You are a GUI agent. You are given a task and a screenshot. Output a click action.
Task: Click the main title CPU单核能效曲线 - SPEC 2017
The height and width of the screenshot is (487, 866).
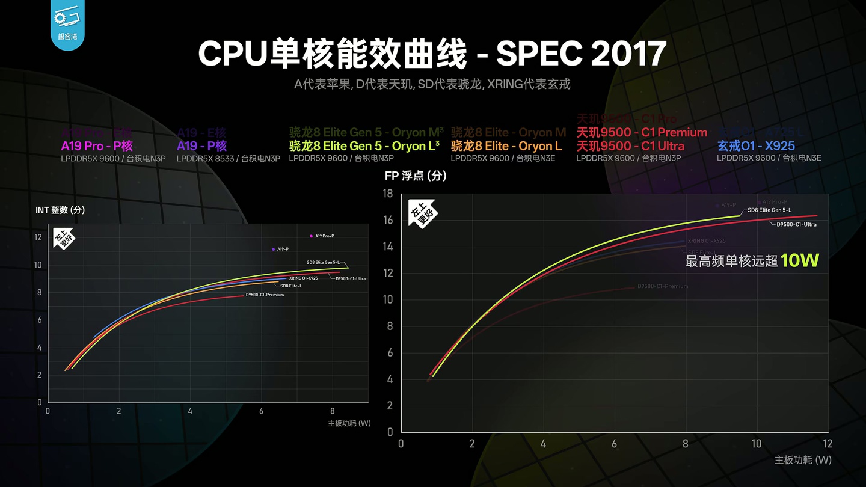click(432, 54)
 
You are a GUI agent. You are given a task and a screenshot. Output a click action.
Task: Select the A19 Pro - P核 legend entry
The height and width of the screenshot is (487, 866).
click(97, 145)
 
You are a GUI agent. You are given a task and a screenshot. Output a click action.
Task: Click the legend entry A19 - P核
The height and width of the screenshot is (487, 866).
click(201, 145)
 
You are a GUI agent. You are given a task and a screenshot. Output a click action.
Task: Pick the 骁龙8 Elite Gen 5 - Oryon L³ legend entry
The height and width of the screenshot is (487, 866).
click(364, 145)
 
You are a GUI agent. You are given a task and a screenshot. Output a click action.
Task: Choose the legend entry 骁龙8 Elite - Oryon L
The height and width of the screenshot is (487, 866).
click(506, 145)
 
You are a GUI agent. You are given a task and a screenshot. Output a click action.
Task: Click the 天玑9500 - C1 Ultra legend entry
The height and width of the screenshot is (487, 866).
click(630, 145)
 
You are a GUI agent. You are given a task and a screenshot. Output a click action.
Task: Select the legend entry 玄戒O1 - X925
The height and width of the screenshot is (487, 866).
click(756, 145)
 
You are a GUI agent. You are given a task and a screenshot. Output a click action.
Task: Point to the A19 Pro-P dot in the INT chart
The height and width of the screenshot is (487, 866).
click(311, 236)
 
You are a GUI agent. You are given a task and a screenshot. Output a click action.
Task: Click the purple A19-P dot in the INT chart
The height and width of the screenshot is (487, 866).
click(274, 249)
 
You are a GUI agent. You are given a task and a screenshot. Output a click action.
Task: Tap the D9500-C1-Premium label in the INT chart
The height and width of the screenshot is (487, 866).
click(265, 295)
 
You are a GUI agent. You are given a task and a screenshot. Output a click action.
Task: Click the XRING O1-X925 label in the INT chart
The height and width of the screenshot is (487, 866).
click(303, 278)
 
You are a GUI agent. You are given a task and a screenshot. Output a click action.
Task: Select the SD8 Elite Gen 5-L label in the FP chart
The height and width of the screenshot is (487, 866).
click(769, 210)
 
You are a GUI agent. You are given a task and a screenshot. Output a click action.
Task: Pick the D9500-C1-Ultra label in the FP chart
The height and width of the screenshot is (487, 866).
click(796, 224)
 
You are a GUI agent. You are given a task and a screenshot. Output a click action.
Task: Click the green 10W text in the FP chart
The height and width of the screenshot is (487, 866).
click(800, 260)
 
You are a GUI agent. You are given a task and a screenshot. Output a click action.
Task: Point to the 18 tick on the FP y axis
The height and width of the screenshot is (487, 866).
click(388, 194)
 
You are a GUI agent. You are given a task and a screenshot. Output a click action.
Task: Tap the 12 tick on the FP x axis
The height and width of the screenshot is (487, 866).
click(828, 444)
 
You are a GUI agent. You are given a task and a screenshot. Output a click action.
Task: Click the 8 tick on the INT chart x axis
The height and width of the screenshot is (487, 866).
click(333, 411)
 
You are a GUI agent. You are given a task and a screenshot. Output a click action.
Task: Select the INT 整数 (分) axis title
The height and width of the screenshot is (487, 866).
click(60, 210)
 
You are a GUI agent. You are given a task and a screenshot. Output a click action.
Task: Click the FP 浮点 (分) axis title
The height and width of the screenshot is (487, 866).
click(416, 176)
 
